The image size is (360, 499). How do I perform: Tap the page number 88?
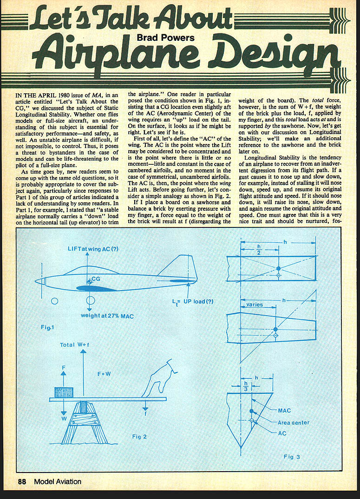pyautogui.click(x=22, y=481)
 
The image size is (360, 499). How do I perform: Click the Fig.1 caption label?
pyautogui.click(x=47, y=327)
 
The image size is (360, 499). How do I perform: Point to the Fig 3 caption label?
pyautogui.click(x=292, y=456)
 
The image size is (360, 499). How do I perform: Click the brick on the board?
pyautogui.click(x=64, y=392)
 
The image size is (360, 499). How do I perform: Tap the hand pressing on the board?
pyautogui.click(x=160, y=378)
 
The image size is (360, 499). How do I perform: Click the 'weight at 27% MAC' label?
pyautogui.click(x=107, y=316)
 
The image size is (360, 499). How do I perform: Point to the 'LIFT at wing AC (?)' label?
pyautogui.click(x=92, y=249)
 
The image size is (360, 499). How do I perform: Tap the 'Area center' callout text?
pyautogui.click(x=293, y=422)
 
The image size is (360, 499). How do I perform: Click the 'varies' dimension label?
pyautogui.click(x=254, y=305)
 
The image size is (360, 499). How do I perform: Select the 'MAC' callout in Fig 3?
pyautogui.click(x=284, y=411)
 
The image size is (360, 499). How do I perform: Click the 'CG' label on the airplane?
pyautogui.click(x=96, y=279)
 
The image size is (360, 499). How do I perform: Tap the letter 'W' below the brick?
pyautogui.click(x=64, y=418)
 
